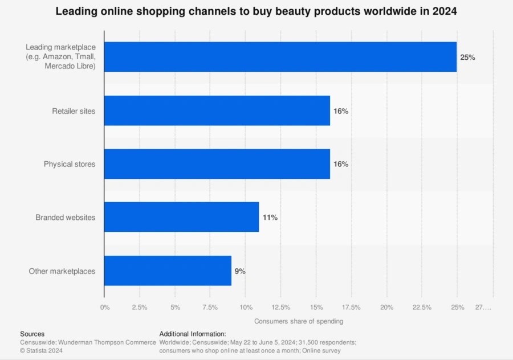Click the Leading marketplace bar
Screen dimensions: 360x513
pyautogui.click(x=280, y=57)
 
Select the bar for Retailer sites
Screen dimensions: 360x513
pyautogui.click(x=217, y=111)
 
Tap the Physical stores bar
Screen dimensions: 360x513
pyautogui.click(x=217, y=164)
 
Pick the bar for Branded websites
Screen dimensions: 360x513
pyautogui.click(x=181, y=217)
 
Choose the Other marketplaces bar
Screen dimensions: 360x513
pyautogui.click(x=168, y=271)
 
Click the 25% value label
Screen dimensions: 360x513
pyautogui.click(x=467, y=58)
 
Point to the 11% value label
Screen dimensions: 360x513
pyautogui.click(x=270, y=218)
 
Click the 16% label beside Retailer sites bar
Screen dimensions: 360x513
pyautogui.click(x=341, y=111)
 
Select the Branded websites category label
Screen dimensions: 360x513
pyautogui.click(x=66, y=218)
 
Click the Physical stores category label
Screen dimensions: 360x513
pyautogui.click(x=70, y=164)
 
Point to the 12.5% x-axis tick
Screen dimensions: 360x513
pyautogui.click(x=281, y=308)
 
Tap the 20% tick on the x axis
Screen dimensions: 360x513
pyautogui.click(x=386, y=308)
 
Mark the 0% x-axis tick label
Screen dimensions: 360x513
pyautogui.click(x=105, y=308)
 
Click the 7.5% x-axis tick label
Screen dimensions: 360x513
pyautogui.click(x=210, y=308)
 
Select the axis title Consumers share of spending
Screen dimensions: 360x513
pyautogui.click(x=299, y=321)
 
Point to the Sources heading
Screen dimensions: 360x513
pyautogui.click(x=32, y=334)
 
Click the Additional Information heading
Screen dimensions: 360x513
pyautogui.click(x=193, y=334)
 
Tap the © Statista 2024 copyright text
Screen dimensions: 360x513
pyautogui.click(x=41, y=351)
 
